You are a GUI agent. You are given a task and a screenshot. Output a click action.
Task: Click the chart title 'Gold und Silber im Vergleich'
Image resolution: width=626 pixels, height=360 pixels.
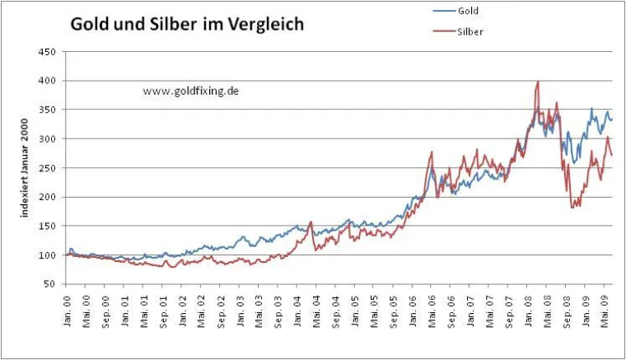186,25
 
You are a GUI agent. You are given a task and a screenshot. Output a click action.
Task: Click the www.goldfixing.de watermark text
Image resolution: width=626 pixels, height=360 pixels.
191,91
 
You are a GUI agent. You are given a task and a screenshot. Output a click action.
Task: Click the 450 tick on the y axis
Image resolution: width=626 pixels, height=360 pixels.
48,52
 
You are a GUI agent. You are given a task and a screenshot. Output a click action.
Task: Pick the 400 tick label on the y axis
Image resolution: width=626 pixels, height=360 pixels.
48,81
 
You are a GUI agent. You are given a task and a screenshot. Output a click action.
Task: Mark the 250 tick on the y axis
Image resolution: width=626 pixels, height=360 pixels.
48,168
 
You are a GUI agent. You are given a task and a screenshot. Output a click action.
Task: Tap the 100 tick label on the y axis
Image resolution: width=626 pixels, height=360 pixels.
48,255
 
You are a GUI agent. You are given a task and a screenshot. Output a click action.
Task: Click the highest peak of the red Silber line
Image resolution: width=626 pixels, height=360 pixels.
537,82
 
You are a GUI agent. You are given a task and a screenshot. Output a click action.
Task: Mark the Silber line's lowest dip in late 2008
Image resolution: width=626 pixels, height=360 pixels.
571,207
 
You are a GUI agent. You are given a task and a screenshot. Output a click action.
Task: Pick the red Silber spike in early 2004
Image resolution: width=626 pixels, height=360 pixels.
311,222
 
